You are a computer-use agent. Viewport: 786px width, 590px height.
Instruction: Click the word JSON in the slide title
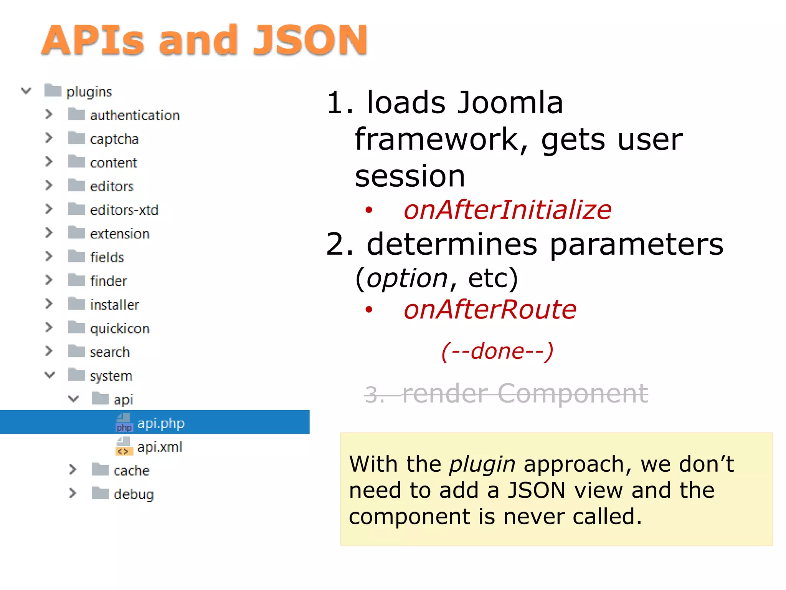pos(310,40)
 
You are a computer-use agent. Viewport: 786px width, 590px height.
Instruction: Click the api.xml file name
pos(160,447)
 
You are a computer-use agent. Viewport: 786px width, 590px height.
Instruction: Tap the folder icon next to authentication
pos(76,114)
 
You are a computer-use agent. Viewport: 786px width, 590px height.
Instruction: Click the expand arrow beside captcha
pos(49,138)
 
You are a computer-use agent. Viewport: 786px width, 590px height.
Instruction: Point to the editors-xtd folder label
pos(124,210)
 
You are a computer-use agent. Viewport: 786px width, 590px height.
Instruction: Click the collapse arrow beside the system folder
pos(50,375)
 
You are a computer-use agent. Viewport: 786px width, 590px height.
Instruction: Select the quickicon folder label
pos(119,328)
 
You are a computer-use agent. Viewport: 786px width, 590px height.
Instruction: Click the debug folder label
pos(134,494)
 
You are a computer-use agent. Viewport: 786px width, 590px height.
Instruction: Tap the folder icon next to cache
pos(100,469)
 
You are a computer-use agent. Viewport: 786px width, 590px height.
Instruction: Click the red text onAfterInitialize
pos(507,210)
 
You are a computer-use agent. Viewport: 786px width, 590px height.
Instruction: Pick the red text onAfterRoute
pos(490,310)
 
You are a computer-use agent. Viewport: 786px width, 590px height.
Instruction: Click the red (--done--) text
pos(497,351)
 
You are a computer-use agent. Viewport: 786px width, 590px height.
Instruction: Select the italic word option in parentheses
pos(407,278)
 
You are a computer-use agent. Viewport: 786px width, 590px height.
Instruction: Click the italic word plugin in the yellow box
pos(482,464)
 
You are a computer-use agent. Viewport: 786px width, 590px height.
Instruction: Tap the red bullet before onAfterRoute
pos(369,310)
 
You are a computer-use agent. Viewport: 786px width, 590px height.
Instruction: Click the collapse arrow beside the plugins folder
pos(26,91)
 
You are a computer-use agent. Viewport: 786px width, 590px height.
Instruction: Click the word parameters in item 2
pos(636,244)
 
